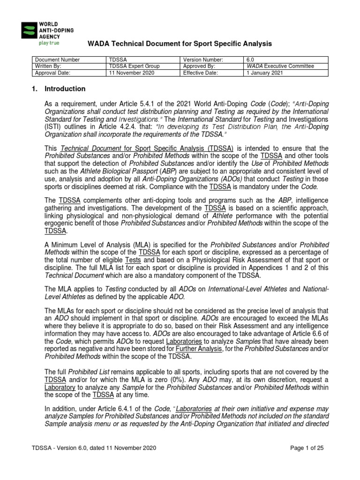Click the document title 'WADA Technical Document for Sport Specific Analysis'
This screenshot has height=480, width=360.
click(x=180, y=44)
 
